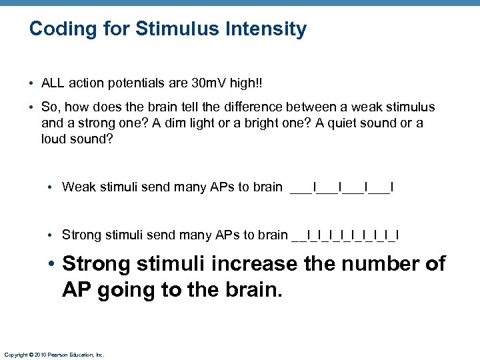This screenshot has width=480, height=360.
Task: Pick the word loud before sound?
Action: (54, 139)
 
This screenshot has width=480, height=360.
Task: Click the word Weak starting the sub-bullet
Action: (77, 187)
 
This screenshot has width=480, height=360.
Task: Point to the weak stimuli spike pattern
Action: (342, 187)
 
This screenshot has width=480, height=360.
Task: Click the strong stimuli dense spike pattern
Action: (345, 235)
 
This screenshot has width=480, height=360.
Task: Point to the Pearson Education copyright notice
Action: (54, 355)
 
